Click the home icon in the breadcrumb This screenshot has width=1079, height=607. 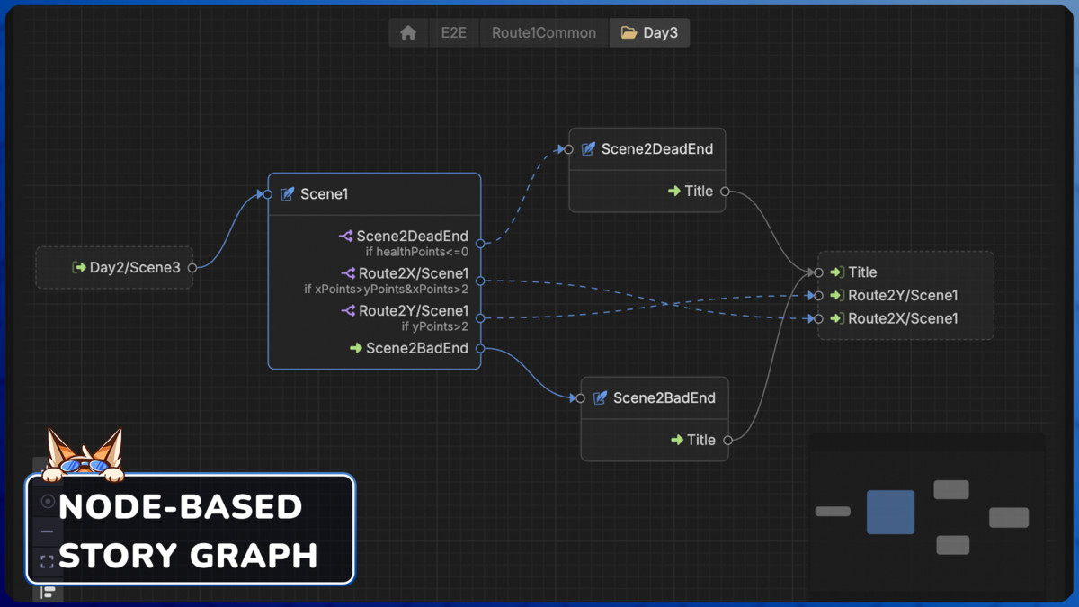click(408, 33)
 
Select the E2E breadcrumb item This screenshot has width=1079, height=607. click(453, 33)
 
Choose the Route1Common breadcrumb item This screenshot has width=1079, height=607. click(543, 33)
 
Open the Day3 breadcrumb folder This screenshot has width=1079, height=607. click(650, 33)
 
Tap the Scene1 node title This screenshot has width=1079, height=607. click(324, 194)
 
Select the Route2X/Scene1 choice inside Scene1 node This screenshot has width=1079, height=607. click(413, 273)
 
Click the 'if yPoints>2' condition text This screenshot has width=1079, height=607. click(434, 326)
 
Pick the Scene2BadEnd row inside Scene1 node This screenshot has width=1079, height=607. click(416, 348)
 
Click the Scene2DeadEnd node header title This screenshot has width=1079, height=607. click(656, 149)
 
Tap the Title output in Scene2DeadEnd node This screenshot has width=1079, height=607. click(698, 192)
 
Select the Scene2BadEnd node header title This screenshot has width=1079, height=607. click(664, 398)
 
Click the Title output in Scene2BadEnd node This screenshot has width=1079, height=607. click(700, 441)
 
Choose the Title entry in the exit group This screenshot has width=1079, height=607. click(861, 272)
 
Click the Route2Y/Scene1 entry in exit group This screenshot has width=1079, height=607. click(902, 295)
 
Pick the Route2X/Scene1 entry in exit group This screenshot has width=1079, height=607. click(902, 318)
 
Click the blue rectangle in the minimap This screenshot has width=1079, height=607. click(890, 512)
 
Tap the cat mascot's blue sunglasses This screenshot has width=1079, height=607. click(85, 466)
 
